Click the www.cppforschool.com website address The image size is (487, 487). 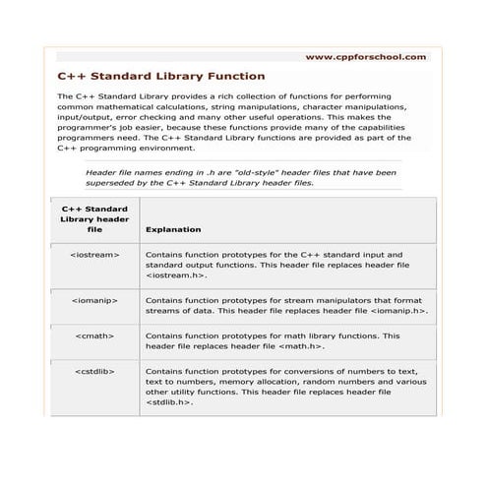tap(366, 57)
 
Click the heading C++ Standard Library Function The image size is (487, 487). tap(160, 76)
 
